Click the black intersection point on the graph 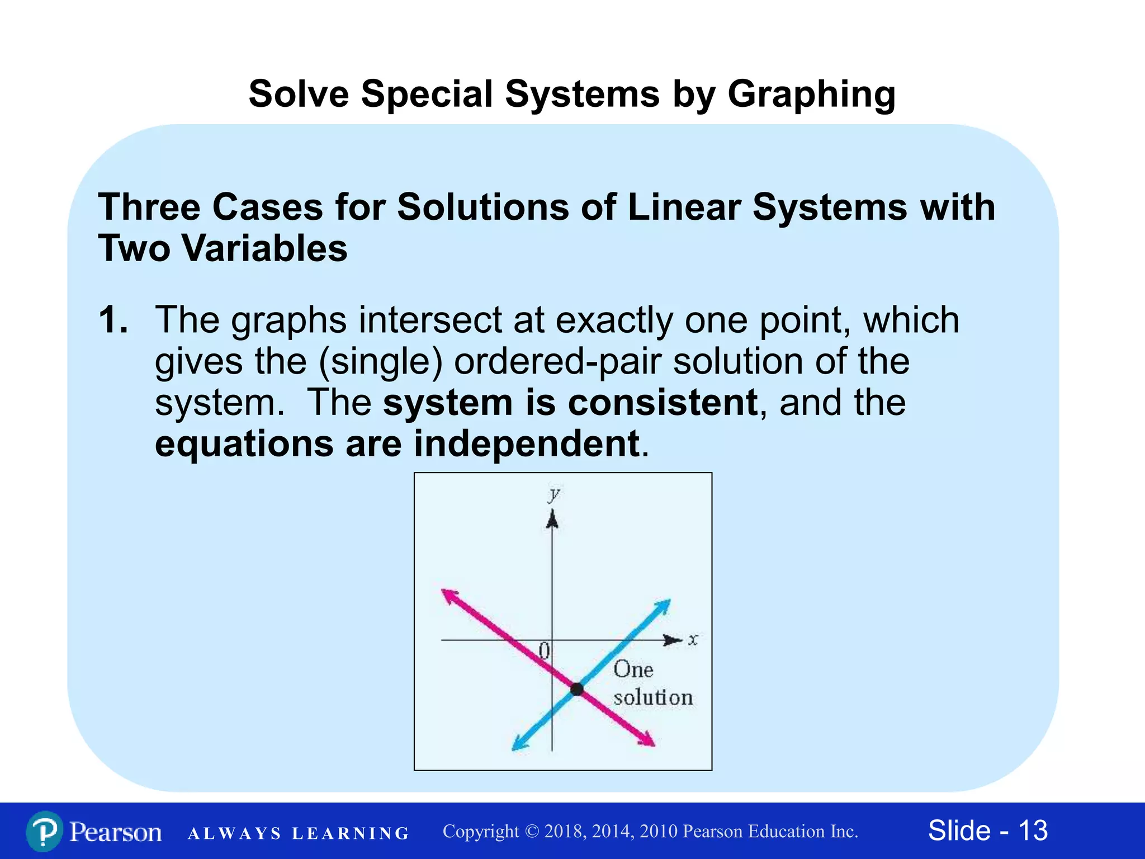coord(577,689)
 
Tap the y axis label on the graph coord(554,494)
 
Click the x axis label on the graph coord(693,639)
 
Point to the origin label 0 coord(544,651)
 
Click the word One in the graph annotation coord(633,669)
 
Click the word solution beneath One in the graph coord(653,698)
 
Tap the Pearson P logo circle coord(44,832)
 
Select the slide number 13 coord(1033,830)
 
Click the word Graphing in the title coord(811,94)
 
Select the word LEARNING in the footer coord(351,834)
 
